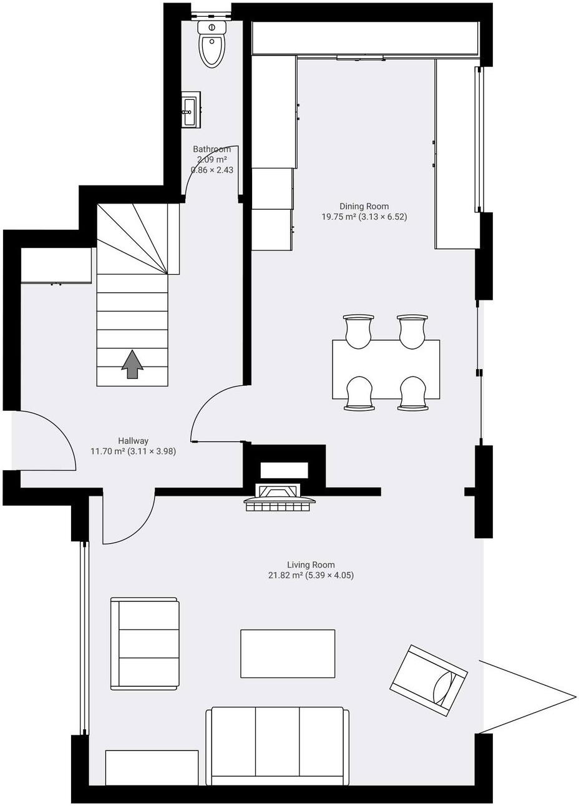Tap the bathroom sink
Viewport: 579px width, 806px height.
click(x=190, y=111)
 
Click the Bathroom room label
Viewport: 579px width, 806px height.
click(x=212, y=149)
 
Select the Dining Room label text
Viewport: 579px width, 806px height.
click(x=364, y=206)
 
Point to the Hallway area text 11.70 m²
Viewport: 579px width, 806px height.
click(x=109, y=451)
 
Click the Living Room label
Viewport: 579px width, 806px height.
click(x=311, y=565)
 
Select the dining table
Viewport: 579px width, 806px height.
click(x=386, y=370)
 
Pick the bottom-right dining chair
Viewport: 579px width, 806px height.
click(x=413, y=393)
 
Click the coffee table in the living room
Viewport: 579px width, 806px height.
click(x=288, y=653)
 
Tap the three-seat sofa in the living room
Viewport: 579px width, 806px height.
click(x=277, y=745)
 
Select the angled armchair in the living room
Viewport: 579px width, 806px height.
click(x=429, y=680)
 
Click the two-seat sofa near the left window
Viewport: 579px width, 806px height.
click(x=145, y=644)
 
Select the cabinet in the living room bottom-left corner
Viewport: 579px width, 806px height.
click(x=152, y=767)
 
